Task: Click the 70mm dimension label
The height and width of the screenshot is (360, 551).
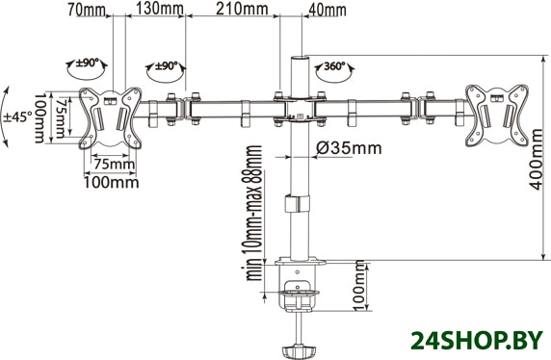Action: point(87,9)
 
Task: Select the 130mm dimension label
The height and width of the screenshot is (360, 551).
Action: point(160,9)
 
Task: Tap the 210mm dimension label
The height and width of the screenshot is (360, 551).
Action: point(242,9)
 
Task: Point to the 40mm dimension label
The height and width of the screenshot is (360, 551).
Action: point(327,10)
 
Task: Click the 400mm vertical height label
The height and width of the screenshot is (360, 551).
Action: point(537,160)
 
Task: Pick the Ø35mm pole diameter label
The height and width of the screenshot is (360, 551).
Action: point(349,148)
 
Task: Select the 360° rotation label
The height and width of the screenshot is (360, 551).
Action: point(334,66)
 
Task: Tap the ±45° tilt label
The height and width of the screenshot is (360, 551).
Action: point(18,116)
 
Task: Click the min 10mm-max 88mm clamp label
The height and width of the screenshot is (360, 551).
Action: point(253,213)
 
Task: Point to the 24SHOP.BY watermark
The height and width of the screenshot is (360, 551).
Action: point(477,341)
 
